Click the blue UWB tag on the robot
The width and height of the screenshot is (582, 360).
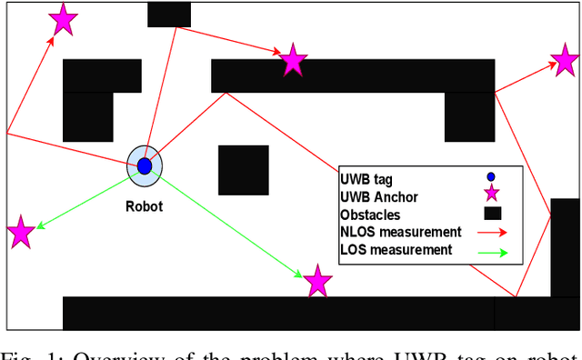coord(144,165)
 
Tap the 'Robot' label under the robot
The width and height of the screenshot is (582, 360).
coord(144,206)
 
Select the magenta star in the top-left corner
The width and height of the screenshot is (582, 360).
coord(62,18)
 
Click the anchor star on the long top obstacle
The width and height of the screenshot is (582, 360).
coord(293,59)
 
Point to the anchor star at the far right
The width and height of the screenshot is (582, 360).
coord(565,62)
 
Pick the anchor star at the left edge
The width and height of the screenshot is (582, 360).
coord(20,232)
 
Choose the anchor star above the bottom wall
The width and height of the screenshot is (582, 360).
coord(317,281)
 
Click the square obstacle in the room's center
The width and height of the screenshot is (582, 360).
coord(243,170)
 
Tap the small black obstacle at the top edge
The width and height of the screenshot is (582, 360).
coord(168,14)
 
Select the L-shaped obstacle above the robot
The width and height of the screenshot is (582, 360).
coord(91,95)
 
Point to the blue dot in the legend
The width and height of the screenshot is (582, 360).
coord(491,177)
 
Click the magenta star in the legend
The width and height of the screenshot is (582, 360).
coord(492,194)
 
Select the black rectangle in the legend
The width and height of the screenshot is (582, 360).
coord(492,214)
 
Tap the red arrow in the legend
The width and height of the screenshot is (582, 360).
coord(492,232)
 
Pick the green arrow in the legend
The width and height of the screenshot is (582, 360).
coord(492,251)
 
